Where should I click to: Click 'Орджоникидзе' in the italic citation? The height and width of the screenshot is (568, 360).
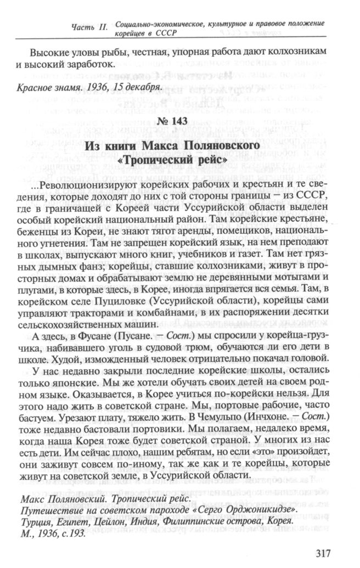[x=269, y=511]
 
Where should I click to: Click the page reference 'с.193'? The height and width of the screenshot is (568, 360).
[x=75, y=534]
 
